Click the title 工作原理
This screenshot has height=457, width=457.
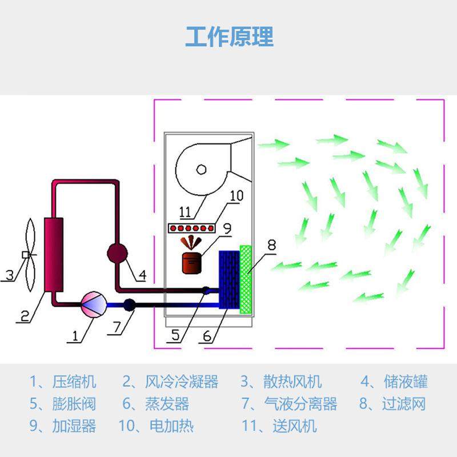(229, 36)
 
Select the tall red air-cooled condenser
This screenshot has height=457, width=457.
(55, 255)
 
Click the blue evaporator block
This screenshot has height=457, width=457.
(230, 280)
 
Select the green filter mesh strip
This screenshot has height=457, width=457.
(246, 279)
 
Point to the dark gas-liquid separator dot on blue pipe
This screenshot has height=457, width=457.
(130, 304)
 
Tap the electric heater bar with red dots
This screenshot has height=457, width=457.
(192, 228)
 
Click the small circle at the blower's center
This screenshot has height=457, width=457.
(201, 169)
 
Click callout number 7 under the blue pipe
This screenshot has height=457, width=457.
(116, 327)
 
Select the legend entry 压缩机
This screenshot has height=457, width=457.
(74, 382)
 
